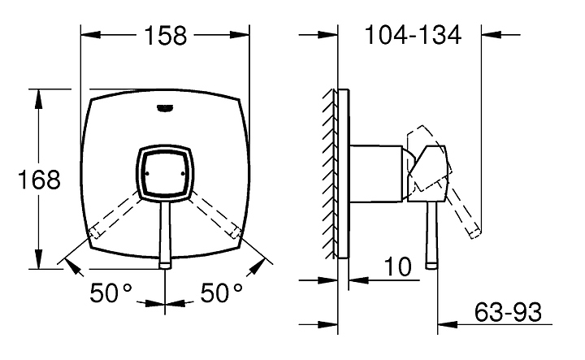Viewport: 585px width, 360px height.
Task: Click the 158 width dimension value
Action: tap(165, 36)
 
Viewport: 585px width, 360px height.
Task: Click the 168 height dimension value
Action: tap(39, 180)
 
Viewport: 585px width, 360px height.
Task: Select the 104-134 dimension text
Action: tap(413, 35)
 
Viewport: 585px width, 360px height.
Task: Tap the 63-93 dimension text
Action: tap(508, 312)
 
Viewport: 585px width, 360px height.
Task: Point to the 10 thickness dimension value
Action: tap(398, 267)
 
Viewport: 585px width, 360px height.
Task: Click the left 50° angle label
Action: tap(111, 292)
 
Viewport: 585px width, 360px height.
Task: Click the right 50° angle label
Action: tap(222, 292)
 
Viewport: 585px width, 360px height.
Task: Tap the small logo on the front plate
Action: tap(165, 108)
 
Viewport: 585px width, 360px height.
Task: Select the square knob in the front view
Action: tap(165, 173)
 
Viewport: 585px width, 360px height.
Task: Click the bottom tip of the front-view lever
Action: tap(165, 267)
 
